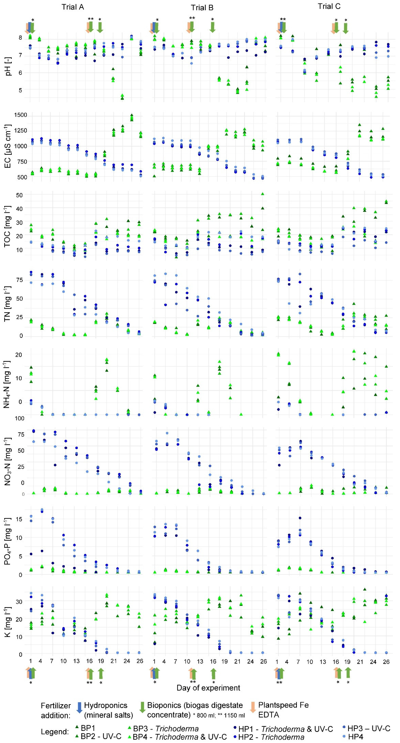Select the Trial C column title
tap(329, 6)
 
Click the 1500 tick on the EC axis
tap(21, 115)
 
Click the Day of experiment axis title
tap(208, 688)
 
